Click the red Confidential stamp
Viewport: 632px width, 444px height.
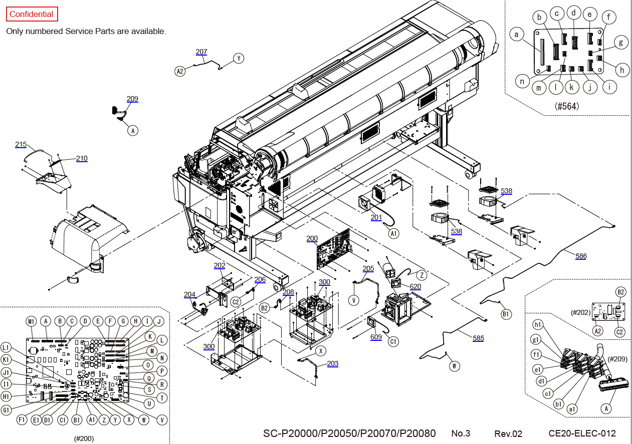[32, 14]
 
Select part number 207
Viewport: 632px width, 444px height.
[201, 52]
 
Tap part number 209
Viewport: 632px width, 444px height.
[132, 99]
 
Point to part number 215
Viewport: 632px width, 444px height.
[21, 144]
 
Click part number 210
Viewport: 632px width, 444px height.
[82, 158]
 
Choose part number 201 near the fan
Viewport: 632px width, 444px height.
[376, 217]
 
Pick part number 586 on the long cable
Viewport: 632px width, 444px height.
[581, 256]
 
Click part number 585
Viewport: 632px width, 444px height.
[478, 338]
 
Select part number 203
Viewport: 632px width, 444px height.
[333, 363]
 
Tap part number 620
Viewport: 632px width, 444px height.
[415, 286]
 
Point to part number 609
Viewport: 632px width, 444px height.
[376, 337]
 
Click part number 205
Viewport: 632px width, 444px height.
[368, 268]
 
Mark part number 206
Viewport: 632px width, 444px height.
[260, 279]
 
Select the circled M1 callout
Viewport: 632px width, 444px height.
[32, 321]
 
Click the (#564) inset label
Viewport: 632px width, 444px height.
[567, 106]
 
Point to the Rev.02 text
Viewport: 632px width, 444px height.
[508, 433]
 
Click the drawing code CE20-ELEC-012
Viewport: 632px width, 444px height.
[582, 433]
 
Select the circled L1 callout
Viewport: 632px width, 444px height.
[7, 346]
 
